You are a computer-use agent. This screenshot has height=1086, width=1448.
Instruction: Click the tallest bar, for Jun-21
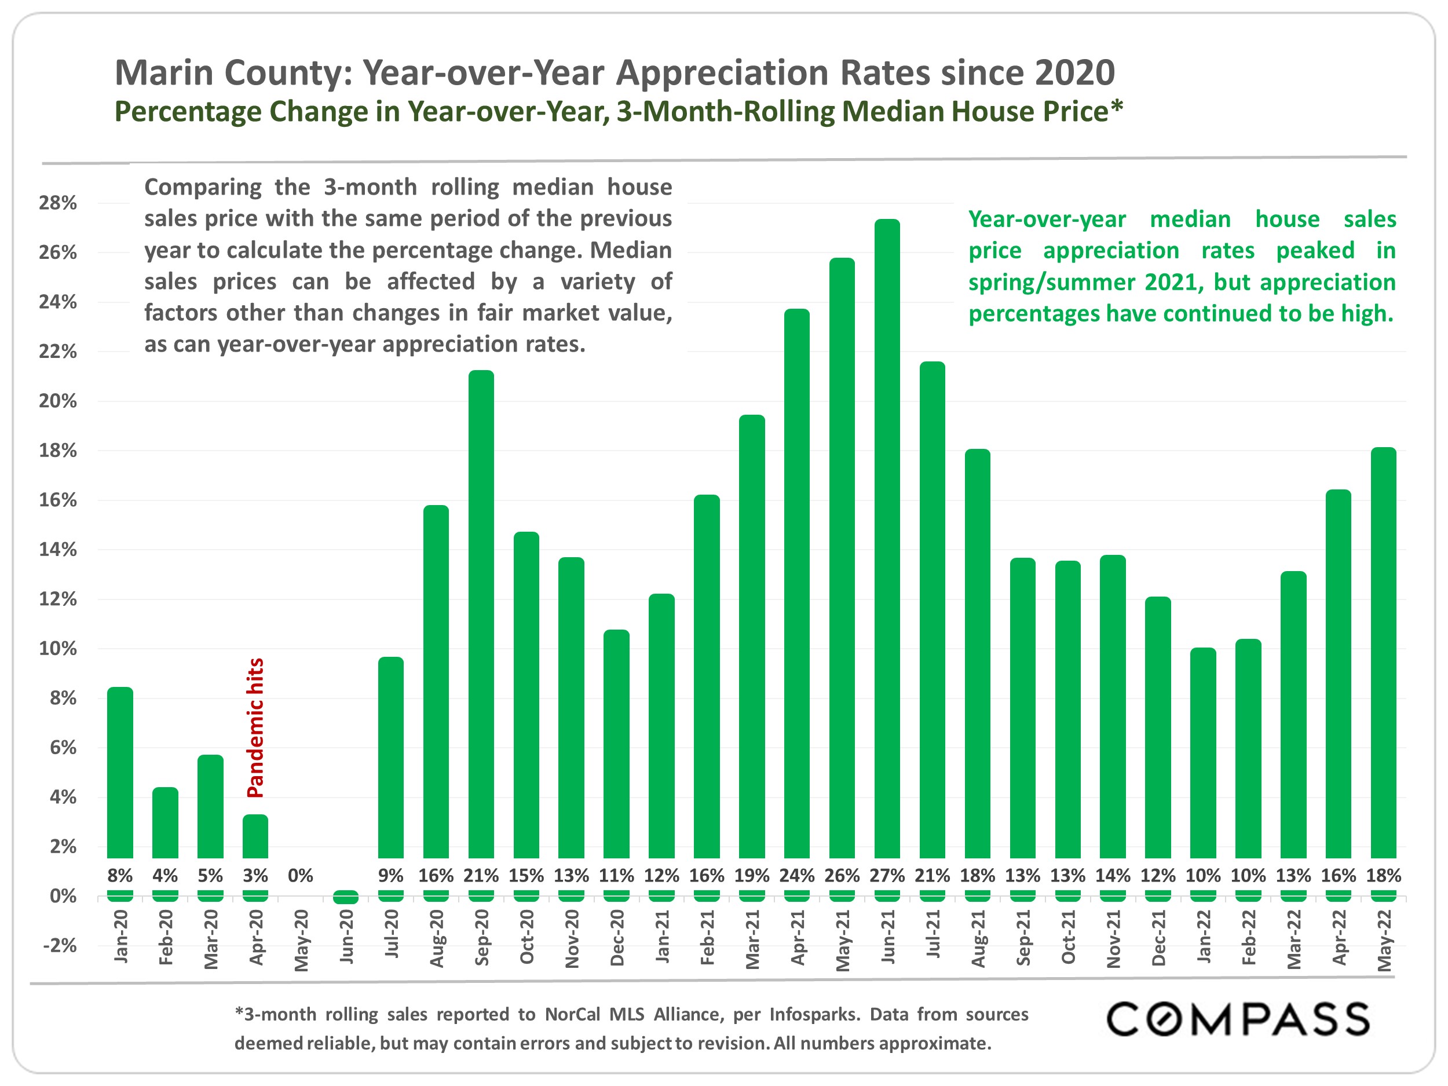[x=887, y=537]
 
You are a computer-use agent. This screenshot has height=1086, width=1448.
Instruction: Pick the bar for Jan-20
[x=120, y=773]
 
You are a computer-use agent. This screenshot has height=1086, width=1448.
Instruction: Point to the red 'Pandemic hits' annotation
[x=255, y=727]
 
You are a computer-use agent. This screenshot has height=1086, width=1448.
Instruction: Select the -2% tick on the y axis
[x=60, y=945]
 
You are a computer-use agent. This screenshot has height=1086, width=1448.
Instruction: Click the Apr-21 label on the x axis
[x=798, y=937]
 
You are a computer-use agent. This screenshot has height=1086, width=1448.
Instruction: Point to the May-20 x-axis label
[x=301, y=941]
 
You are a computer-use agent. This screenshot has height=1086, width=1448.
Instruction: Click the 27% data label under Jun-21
[x=887, y=875]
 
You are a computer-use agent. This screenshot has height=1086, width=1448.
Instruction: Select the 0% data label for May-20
[x=301, y=875]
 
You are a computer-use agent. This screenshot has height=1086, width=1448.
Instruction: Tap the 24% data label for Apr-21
[x=796, y=875]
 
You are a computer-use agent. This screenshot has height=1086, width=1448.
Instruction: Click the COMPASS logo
[x=1238, y=1020]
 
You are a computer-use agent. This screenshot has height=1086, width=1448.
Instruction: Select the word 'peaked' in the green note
[x=1315, y=251]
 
